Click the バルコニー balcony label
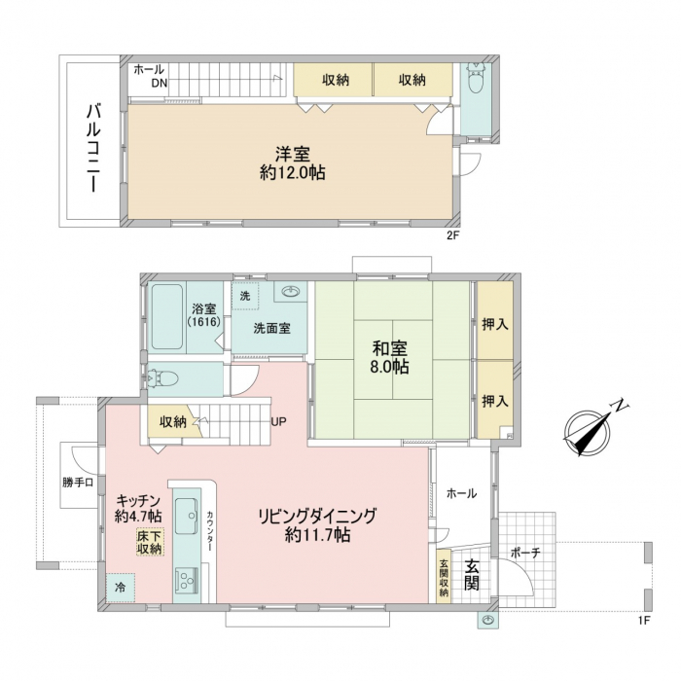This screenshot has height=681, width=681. tap(93, 148)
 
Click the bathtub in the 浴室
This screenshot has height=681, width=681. tap(167, 316)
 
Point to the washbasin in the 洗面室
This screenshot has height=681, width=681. tap(291, 291)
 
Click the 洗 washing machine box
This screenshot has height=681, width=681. tap(245, 296)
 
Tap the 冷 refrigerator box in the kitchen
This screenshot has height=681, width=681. tap(121, 588)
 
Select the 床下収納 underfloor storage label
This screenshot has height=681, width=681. tap(150, 542)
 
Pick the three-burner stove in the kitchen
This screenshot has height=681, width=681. tap(187, 581)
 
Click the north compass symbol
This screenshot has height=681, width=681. tap(591, 428)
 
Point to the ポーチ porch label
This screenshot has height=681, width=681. tap(525, 553)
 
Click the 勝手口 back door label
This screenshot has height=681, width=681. tap(78, 483)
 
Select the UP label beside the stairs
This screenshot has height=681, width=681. tap(278, 421)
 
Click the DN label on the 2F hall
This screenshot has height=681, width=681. tap(159, 83)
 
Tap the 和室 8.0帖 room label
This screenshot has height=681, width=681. tap(389, 357)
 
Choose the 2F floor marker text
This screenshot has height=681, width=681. tap(452, 235)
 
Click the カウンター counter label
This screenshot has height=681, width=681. tap(210, 530)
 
